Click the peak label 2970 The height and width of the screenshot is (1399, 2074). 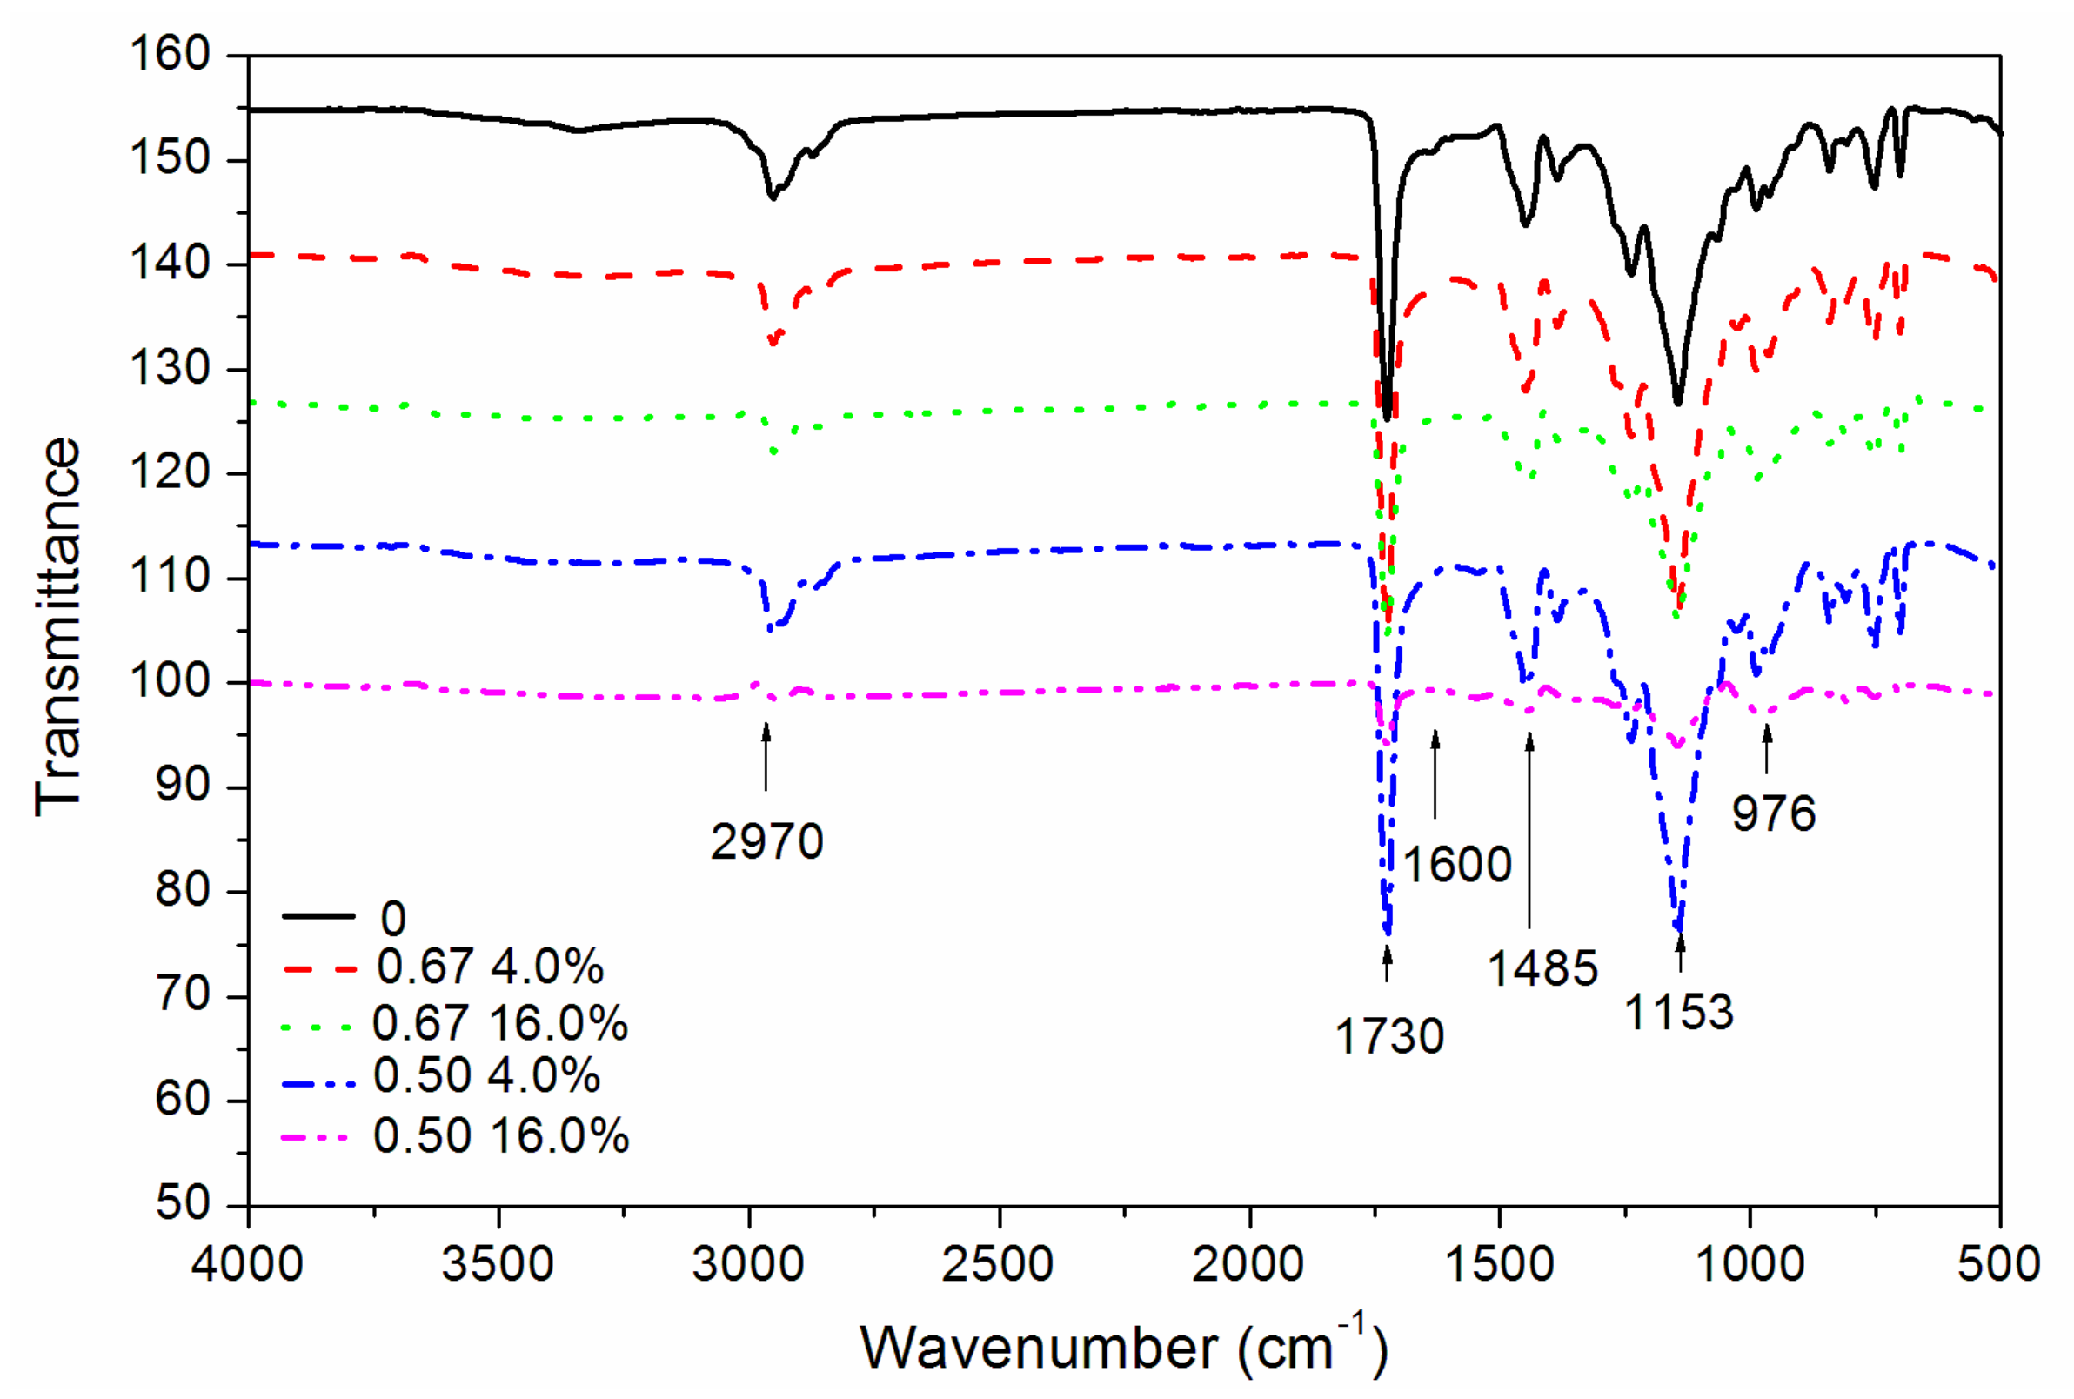click(766, 842)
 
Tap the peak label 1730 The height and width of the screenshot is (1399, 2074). click(1389, 1037)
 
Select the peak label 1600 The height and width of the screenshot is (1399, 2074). click(1457, 865)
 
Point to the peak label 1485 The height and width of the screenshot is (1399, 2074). click(1542, 969)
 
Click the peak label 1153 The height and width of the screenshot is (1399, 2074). click(1679, 1013)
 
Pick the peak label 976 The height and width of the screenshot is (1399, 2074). click(1773, 813)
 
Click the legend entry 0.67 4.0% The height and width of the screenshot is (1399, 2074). click(490, 967)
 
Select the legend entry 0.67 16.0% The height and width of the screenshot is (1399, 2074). click(499, 1022)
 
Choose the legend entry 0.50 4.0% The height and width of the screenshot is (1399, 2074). click(486, 1075)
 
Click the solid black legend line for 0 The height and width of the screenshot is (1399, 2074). click(318, 916)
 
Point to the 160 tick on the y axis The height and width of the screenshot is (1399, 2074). click(170, 55)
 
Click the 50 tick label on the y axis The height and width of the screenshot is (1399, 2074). click(182, 1203)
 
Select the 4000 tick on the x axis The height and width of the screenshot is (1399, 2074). click(247, 1264)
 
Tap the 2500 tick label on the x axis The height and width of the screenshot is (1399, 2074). click(998, 1264)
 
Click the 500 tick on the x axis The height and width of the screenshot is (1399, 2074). click(1998, 1264)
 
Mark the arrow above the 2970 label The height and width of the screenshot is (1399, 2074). click(766, 757)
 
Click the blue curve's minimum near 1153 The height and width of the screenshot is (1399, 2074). click(1679, 930)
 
